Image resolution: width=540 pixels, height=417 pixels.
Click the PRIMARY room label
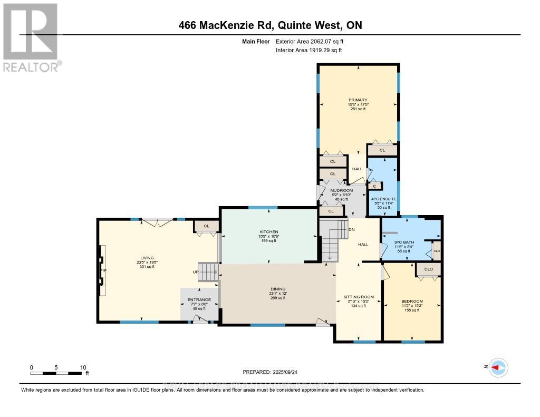coord(357,100)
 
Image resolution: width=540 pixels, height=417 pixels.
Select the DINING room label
coord(278,289)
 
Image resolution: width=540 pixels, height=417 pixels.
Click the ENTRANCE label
coord(199,299)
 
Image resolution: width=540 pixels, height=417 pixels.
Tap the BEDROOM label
coord(412,302)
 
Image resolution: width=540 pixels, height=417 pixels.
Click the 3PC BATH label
coord(404,242)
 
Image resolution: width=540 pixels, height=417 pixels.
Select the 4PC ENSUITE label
coord(383,199)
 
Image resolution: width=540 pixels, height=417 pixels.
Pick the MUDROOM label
coord(341,190)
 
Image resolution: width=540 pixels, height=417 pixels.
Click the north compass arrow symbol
coord(498,367)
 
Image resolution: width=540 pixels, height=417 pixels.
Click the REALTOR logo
coord(31,37)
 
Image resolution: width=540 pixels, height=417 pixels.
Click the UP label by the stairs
coord(195,272)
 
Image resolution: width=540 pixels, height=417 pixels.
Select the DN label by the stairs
coord(352,229)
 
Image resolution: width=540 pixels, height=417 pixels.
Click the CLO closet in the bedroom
coord(428,269)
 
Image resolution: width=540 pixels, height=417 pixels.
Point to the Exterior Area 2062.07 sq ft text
coord(310,41)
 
